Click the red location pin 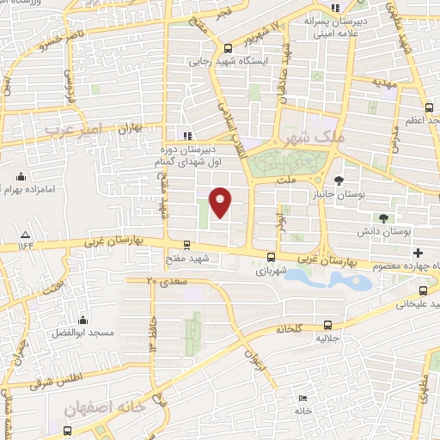click(221, 202)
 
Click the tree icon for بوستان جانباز click(340, 180)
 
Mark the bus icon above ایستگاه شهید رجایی click(228, 48)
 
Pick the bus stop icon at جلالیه click(327, 325)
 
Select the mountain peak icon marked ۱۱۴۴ click(26, 235)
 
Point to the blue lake click(327, 278)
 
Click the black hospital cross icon click(419, 253)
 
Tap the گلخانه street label click(296, 329)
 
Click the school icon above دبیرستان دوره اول click(186, 134)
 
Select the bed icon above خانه click(302, 399)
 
